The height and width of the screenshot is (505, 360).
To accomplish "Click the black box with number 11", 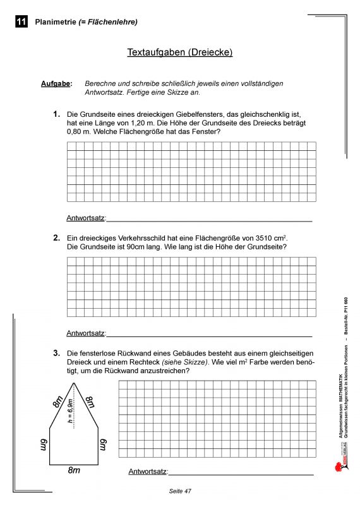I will [x=21, y=22].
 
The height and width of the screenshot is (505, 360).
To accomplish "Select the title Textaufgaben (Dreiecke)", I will [x=180, y=52].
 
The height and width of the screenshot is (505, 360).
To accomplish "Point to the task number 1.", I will [x=56, y=114].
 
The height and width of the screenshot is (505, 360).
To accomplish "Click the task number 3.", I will [x=56, y=352].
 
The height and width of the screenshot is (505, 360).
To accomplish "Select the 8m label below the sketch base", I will [x=74, y=470].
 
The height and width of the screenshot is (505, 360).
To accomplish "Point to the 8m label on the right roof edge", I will [x=90, y=402].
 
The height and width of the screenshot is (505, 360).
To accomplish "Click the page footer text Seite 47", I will [x=180, y=491].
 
